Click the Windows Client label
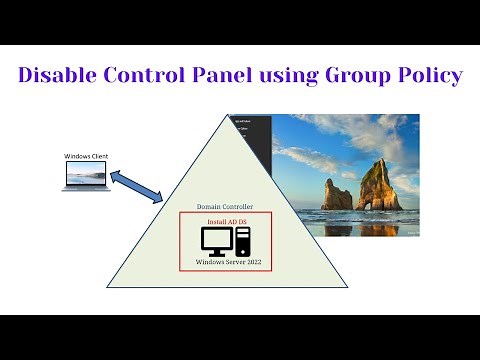click(x=86, y=156)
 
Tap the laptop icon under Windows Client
click(x=86, y=177)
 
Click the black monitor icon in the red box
click(x=217, y=240)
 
